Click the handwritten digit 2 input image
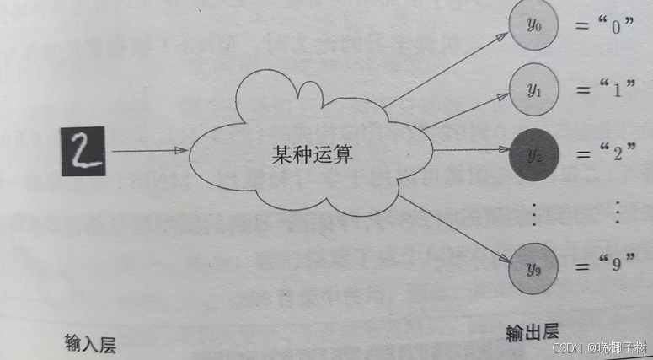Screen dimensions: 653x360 coord(83,152)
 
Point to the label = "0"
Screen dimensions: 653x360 coord(603,27)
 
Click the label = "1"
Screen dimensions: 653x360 coord(605,90)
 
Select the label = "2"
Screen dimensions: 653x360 coord(605,153)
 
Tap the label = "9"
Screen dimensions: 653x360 coord(605,266)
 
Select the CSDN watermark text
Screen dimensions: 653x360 coord(599,347)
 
